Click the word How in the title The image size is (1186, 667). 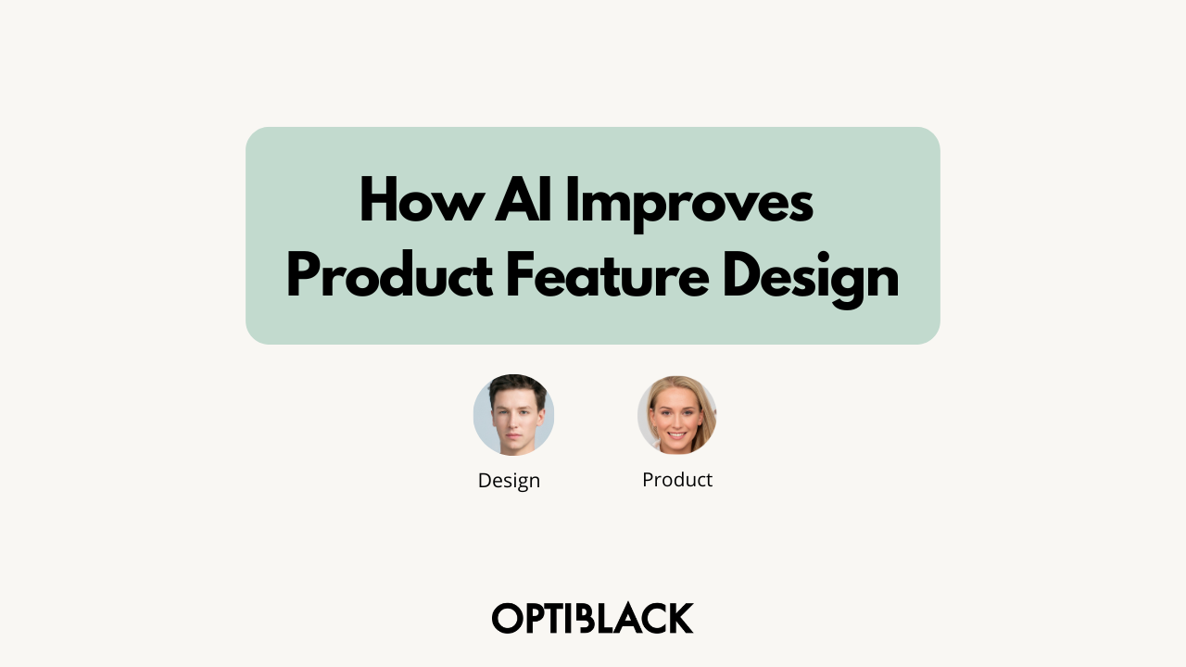(422, 199)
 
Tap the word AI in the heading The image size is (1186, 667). (524, 199)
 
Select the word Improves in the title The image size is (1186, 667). (689, 205)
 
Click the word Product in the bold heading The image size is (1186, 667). (390, 274)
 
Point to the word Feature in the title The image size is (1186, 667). (608, 274)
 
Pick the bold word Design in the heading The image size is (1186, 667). (811, 280)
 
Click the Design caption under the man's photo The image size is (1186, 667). (509, 481)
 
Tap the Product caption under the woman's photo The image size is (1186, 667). (677, 480)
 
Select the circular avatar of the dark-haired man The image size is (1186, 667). (513, 415)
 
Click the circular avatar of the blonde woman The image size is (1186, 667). (677, 415)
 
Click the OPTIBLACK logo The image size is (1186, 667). (592, 618)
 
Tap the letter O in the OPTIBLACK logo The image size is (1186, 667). (507, 618)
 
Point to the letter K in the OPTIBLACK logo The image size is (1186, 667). (680, 618)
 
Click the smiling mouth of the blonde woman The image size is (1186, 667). (676, 435)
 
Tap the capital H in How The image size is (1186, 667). (378, 199)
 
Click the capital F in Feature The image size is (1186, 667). (520, 274)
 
